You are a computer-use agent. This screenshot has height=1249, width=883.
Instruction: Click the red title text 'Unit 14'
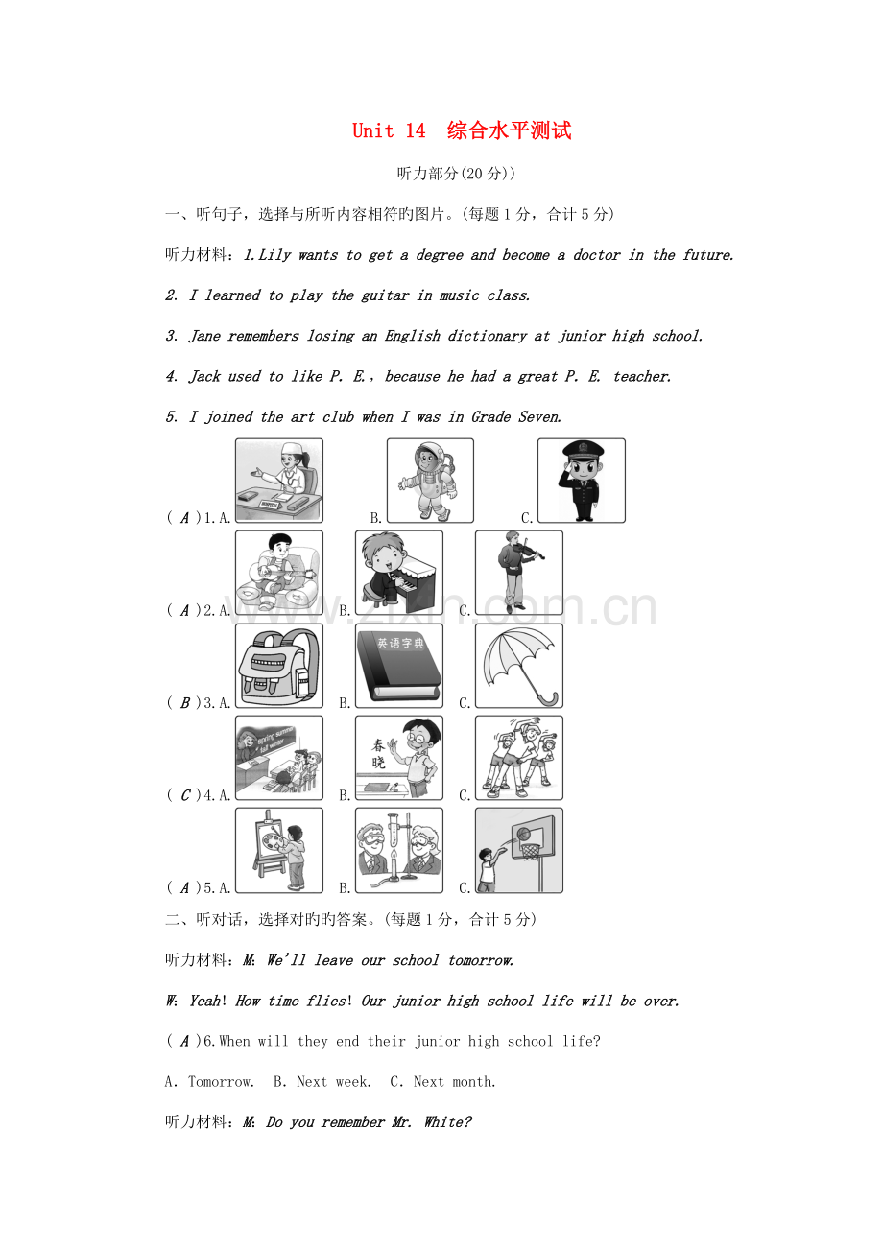pos(388,130)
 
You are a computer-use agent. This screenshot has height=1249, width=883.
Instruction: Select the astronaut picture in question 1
pos(430,480)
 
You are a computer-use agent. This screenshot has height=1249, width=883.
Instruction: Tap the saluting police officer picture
pos(582,480)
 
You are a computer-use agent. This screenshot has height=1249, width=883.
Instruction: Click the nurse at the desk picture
pos(279,480)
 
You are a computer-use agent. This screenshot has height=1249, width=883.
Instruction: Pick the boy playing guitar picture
pos(279,573)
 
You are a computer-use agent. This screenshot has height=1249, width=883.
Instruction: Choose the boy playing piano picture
pos(399,573)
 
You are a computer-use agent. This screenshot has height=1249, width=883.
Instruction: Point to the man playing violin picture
pos(518,573)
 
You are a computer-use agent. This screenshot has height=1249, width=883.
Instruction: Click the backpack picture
pos(279,666)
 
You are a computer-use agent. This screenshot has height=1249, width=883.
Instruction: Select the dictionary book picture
pos(399,666)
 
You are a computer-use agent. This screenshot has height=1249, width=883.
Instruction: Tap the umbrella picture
pos(518,666)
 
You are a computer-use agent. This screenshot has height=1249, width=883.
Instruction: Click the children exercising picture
pos(518,758)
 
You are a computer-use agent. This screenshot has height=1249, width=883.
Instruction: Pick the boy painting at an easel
pos(279,850)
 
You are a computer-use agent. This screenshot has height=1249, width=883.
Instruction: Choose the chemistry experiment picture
pos(399,850)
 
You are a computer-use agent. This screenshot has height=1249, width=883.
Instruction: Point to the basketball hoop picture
pos(518,850)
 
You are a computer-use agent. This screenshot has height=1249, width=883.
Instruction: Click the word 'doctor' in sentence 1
pos(596,255)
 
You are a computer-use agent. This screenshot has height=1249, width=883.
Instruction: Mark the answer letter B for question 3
pos(185,702)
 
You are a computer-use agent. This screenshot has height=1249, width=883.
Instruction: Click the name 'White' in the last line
pos(448,1121)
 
